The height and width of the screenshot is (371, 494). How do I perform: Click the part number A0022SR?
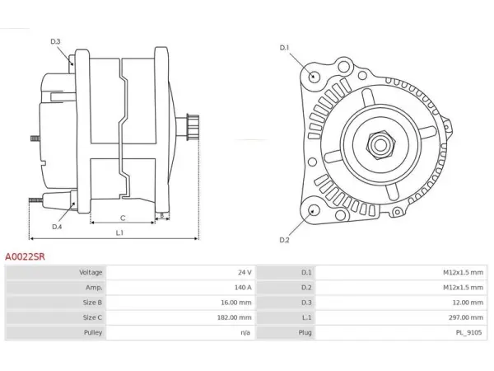pyautogui.click(x=25, y=256)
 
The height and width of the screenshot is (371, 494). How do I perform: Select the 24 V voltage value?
pyautogui.click(x=245, y=272)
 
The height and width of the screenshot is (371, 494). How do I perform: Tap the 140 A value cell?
pyautogui.click(x=243, y=288)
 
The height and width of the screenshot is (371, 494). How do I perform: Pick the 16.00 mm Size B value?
pyautogui.click(x=236, y=303)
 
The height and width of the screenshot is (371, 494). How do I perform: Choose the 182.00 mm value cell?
pyautogui.click(x=234, y=317)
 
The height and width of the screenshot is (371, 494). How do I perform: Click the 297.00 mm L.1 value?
pyautogui.click(x=466, y=317)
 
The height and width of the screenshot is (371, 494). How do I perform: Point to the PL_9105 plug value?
pyautogui.click(x=468, y=332)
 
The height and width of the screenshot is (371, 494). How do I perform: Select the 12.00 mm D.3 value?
pyautogui.click(x=468, y=303)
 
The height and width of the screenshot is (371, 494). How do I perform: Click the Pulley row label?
pyautogui.click(x=93, y=332)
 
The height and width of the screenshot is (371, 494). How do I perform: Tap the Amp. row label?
pyautogui.click(x=94, y=288)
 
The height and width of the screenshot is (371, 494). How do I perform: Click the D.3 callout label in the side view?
pyautogui.click(x=55, y=41)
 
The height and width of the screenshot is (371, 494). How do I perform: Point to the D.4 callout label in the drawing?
pyautogui.click(x=57, y=227)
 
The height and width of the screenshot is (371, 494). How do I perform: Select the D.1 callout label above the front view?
pyautogui.click(x=284, y=48)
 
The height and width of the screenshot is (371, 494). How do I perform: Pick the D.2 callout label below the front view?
pyautogui.click(x=284, y=240)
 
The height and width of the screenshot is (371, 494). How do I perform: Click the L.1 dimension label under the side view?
pyautogui.click(x=119, y=232)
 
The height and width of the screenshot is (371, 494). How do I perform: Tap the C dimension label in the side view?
pyautogui.click(x=123, y=218)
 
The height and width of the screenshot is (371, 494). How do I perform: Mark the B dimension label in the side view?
pyautogui.click(x=162, y=215)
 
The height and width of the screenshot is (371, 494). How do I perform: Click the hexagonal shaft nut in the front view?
pyautogui.click(x=380, y=145)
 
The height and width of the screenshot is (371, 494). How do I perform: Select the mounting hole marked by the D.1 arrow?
pyautogui.click(x=313, y=77)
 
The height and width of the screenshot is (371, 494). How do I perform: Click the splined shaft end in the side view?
pyautogui.click(x=192, y=126)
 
